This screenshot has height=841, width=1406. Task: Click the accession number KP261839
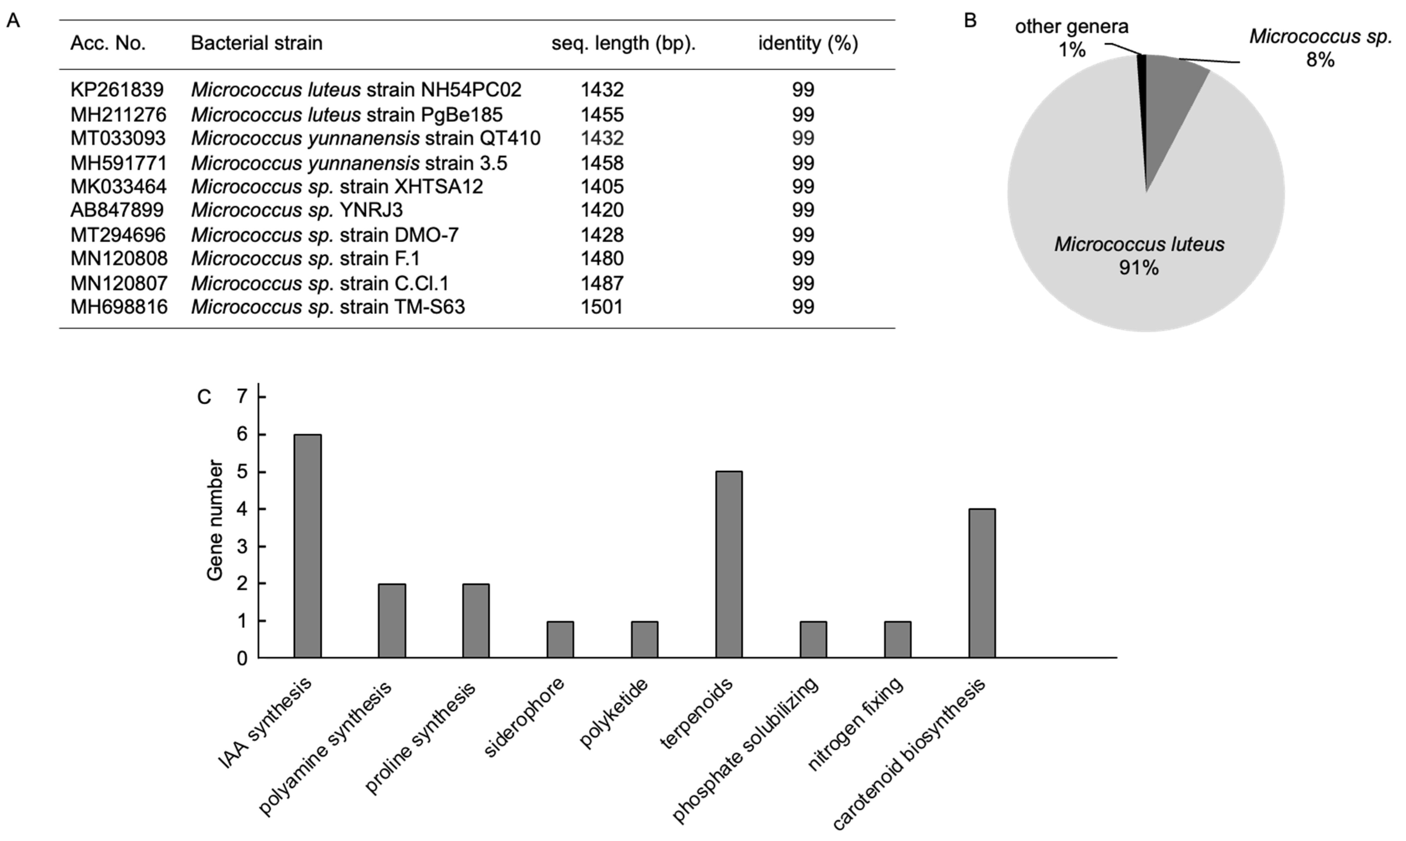(117, 90)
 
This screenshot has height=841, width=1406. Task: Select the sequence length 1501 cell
(602, 307)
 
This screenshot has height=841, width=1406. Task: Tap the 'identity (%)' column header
(808, 43)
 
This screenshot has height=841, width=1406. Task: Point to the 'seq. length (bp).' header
(623, 43)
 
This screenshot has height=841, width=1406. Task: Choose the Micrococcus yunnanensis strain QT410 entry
(365, 138)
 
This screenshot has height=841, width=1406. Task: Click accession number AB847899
(117, 210)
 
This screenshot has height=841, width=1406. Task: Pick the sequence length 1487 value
(602, 283)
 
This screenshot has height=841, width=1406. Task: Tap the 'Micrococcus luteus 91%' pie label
(1139, 256)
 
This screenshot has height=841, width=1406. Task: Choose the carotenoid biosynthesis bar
(982, 583)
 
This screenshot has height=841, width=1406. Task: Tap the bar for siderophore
(560, 639)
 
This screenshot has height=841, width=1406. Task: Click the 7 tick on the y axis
(243, 397)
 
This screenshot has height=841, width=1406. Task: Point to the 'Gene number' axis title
(215, 520)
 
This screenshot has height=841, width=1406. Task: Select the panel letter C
(204, 397)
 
